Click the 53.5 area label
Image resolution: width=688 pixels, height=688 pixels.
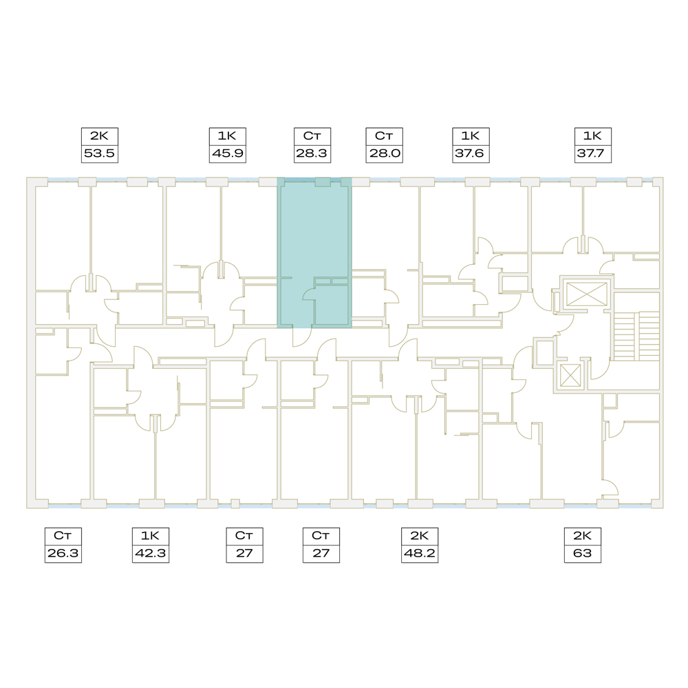tap(99, 153)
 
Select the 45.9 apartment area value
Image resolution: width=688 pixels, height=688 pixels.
tap(227, 153)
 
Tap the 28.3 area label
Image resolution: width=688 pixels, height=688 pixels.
tap(312, 153)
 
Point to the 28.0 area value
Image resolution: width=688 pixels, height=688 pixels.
tap(385, 153)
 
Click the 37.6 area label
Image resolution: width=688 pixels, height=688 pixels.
tap(470, 153)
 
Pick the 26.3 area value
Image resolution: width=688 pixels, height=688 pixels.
tap(63, 553)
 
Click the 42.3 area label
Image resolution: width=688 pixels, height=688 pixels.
tap(151, 553)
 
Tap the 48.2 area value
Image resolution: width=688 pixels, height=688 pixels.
tap(420, 553)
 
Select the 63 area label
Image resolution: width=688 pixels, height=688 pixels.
tap(582, 553)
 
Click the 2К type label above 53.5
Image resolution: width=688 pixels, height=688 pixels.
tap(99, 136)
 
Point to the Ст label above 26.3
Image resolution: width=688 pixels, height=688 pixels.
tap(63, 536)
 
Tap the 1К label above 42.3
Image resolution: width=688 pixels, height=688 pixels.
tap(150, 536)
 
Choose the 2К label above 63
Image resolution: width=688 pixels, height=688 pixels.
tap(582, 536)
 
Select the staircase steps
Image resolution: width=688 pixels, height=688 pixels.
tap(636, 336)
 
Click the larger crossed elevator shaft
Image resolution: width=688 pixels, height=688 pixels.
tap(587, 294)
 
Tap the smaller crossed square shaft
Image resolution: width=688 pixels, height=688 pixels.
tap(570, 376)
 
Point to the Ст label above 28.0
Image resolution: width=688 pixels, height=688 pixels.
tap(384, 136)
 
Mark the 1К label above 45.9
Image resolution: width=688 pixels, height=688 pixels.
tap(227, 136)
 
